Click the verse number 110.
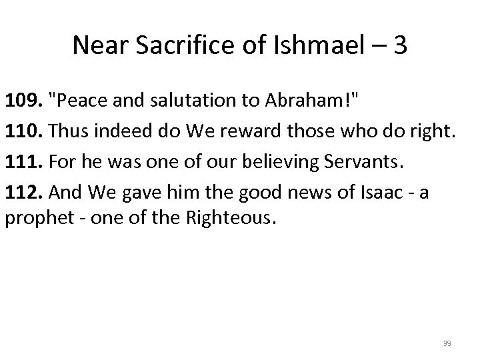[21, 133]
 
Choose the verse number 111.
[21, 162]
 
